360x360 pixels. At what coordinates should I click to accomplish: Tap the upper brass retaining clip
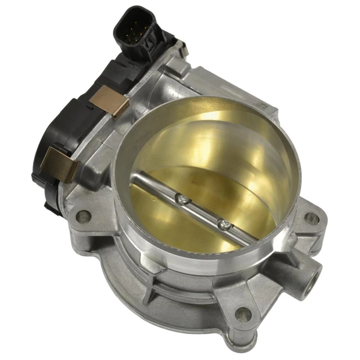112,102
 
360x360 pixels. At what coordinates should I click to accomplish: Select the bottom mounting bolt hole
242,313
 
